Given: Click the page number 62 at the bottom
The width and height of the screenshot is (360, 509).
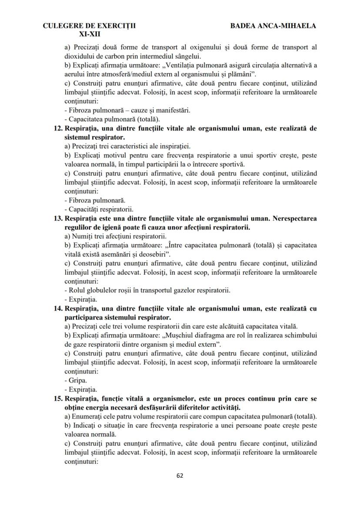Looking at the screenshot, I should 180,475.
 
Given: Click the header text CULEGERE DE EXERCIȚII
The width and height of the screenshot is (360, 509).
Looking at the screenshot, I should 89,26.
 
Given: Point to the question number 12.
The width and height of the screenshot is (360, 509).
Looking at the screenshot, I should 58,129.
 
